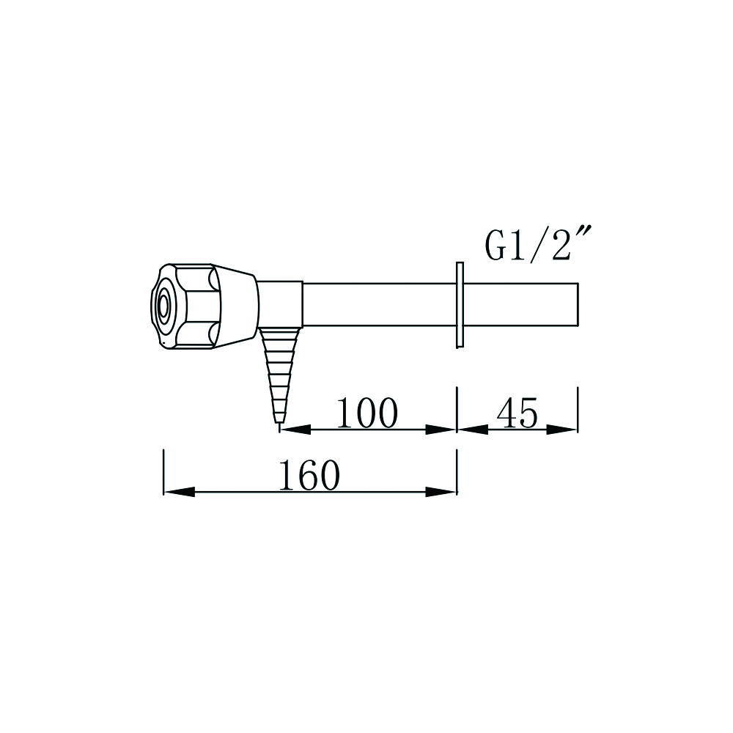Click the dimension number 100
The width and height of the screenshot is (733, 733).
[x=366, y=414]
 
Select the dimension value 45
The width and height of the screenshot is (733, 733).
[x=517, y=414]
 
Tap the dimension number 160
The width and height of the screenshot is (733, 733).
[x=309, y=477]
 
